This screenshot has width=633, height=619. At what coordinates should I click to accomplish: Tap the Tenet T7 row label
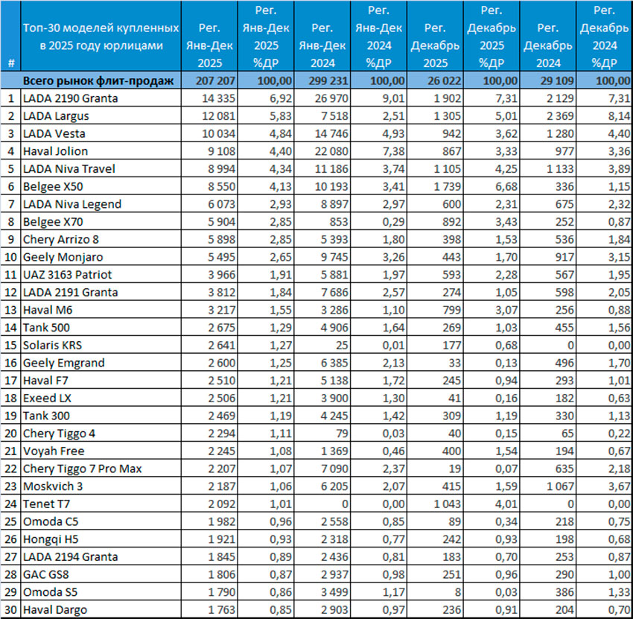(x=45, y=504)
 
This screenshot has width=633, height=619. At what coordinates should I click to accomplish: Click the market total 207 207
(x=208, y=80)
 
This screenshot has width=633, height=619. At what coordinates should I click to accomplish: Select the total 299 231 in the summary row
(x=322, y=80)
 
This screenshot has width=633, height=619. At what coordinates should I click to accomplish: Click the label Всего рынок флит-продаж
(x=98, y=80)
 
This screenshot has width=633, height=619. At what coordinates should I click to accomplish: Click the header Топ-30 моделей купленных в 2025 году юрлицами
(x=101, y=36)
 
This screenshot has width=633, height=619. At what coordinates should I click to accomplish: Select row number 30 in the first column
(x=10, y=609)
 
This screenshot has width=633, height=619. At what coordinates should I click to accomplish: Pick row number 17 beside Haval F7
(x=10, y=380)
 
